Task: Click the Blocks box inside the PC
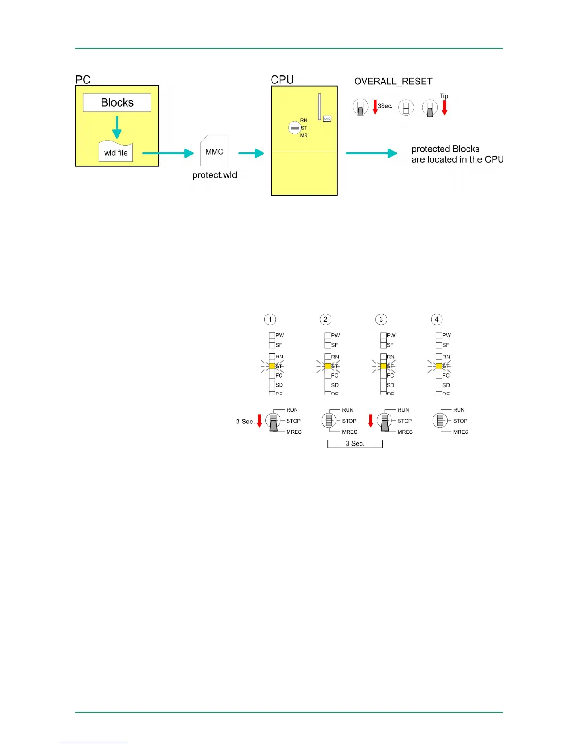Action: [x=117, y=102]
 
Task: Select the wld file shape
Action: [x=116, y=152]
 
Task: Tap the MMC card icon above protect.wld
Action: [x=214, y=151]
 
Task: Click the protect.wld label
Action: [x=214, y=175]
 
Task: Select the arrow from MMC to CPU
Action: [x=251, y=153]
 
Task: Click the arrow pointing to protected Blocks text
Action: [x=371, y=153]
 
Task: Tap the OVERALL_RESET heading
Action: [x=393, y=81]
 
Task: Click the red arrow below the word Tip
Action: [x=444, y=108]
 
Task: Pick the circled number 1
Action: [x=270, y=319]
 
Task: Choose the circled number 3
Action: [x=381, y=319]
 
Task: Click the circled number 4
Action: [x=437, y=319]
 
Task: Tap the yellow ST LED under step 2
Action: [x=328, y=366]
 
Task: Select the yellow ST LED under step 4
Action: [x=439, y=366]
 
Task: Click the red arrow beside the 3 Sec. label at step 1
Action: [x=259, y=421]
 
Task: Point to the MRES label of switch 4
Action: [x=460, y=432]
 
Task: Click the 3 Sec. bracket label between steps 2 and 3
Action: [x=355, y=444]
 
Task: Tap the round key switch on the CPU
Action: [x=295, y=128]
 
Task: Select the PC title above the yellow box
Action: [x=83, y=80]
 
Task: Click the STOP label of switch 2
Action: [x=349, y=421]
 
